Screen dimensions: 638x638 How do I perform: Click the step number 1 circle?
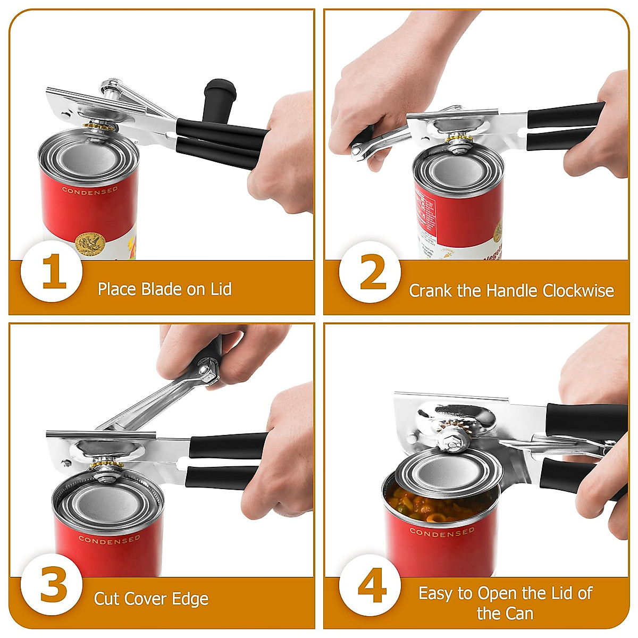point(52,271)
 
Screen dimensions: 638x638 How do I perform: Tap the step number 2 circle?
point(371,272)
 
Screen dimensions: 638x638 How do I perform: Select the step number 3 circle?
point(52,585)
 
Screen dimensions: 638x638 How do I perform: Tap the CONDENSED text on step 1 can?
point(90,190)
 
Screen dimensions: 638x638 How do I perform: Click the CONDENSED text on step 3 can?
point(110,540)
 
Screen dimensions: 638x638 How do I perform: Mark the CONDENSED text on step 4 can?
point(442,532)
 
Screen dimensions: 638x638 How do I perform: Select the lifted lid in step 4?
point(448,472)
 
